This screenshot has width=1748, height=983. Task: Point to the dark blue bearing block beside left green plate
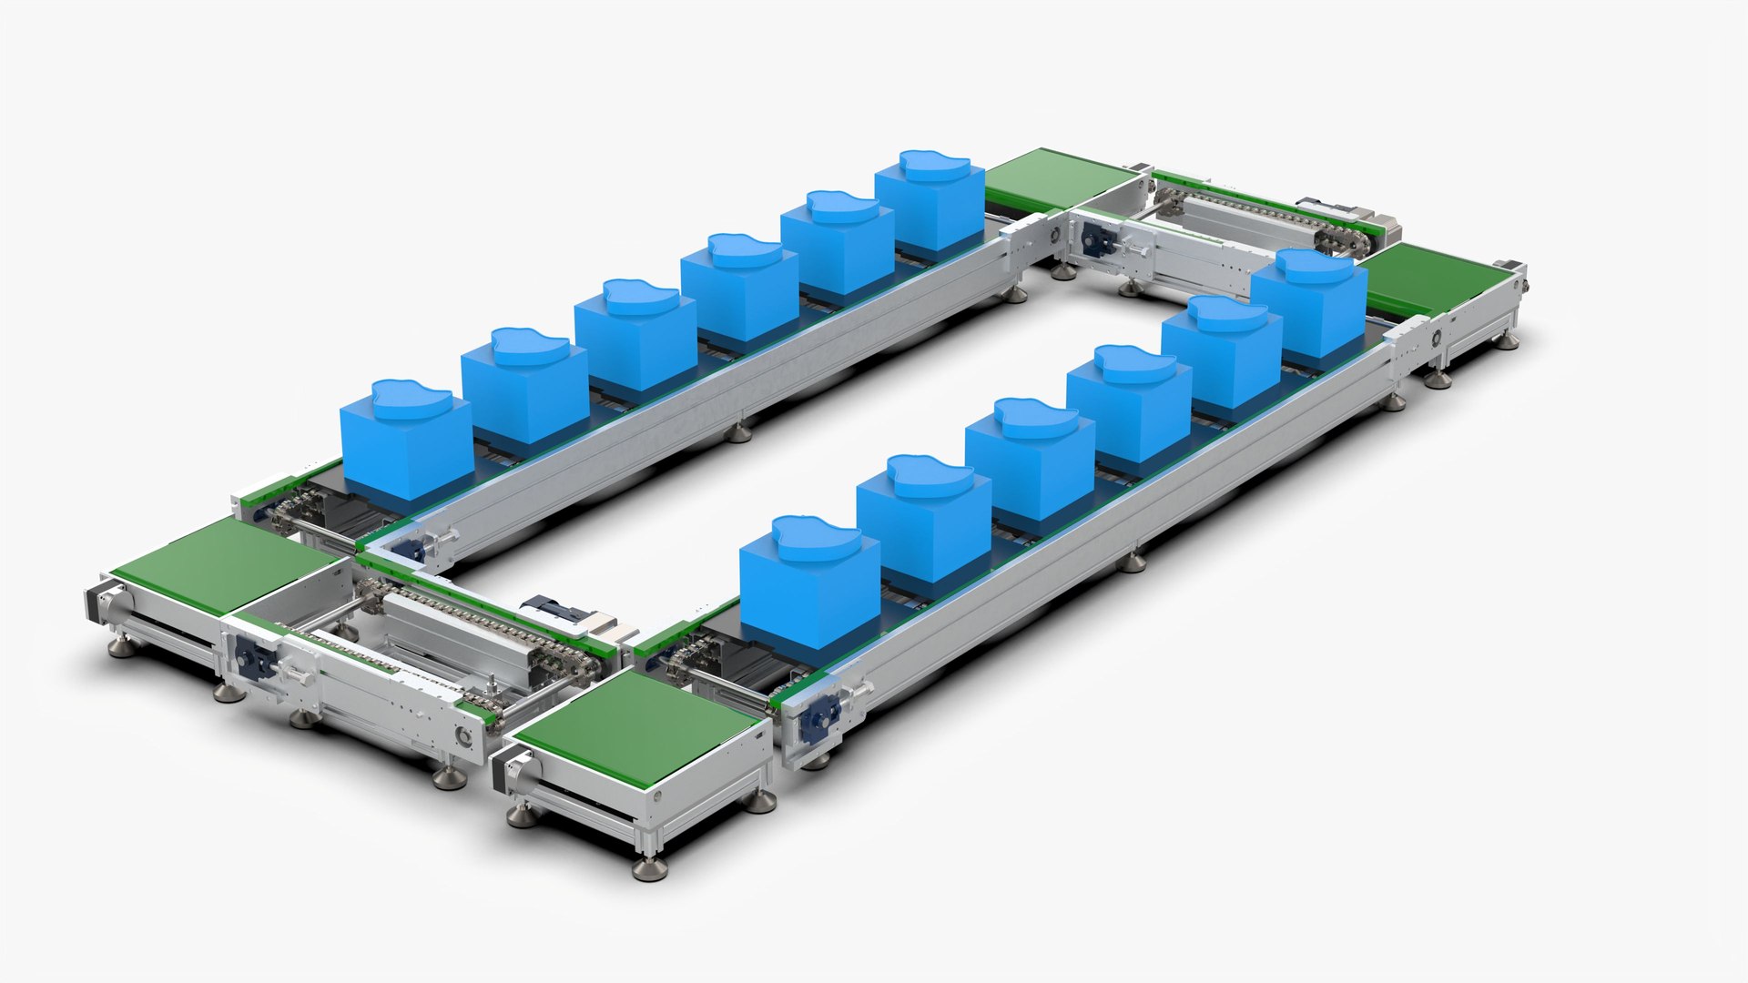(x=249, y=655)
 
